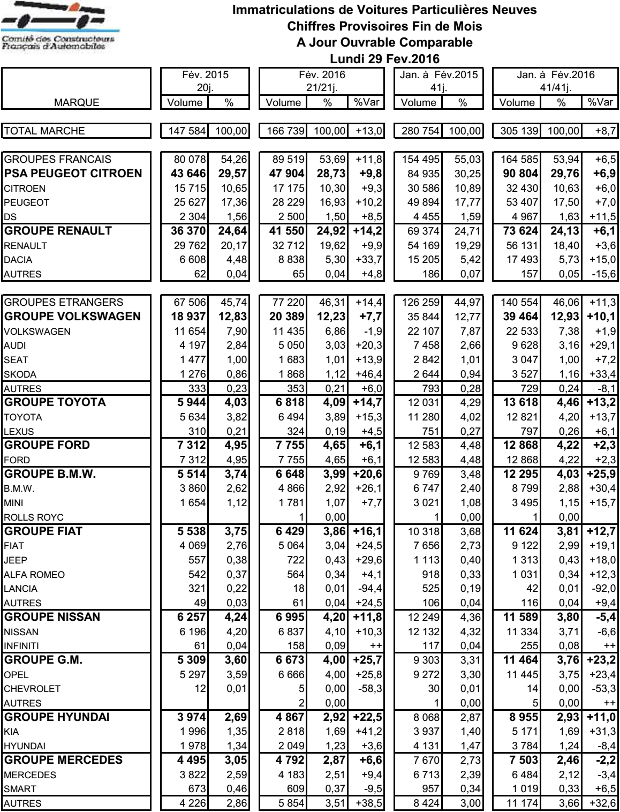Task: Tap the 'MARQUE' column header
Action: click(x=77, y=103)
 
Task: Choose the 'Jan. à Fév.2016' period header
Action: click(x=555, y=81)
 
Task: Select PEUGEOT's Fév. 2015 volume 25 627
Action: click(x=186, y=202)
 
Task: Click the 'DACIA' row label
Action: click(x=18, y=260)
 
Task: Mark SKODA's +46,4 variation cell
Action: click(x=367, y=374)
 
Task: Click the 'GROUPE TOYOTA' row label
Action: click(x=55, y=402)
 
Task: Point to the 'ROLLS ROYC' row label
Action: click(x=34, y=517)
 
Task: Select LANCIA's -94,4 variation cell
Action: click(x=367, y=589)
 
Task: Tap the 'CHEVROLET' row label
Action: click(x=32, y=689)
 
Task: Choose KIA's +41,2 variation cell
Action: click(x=367, y=732)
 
